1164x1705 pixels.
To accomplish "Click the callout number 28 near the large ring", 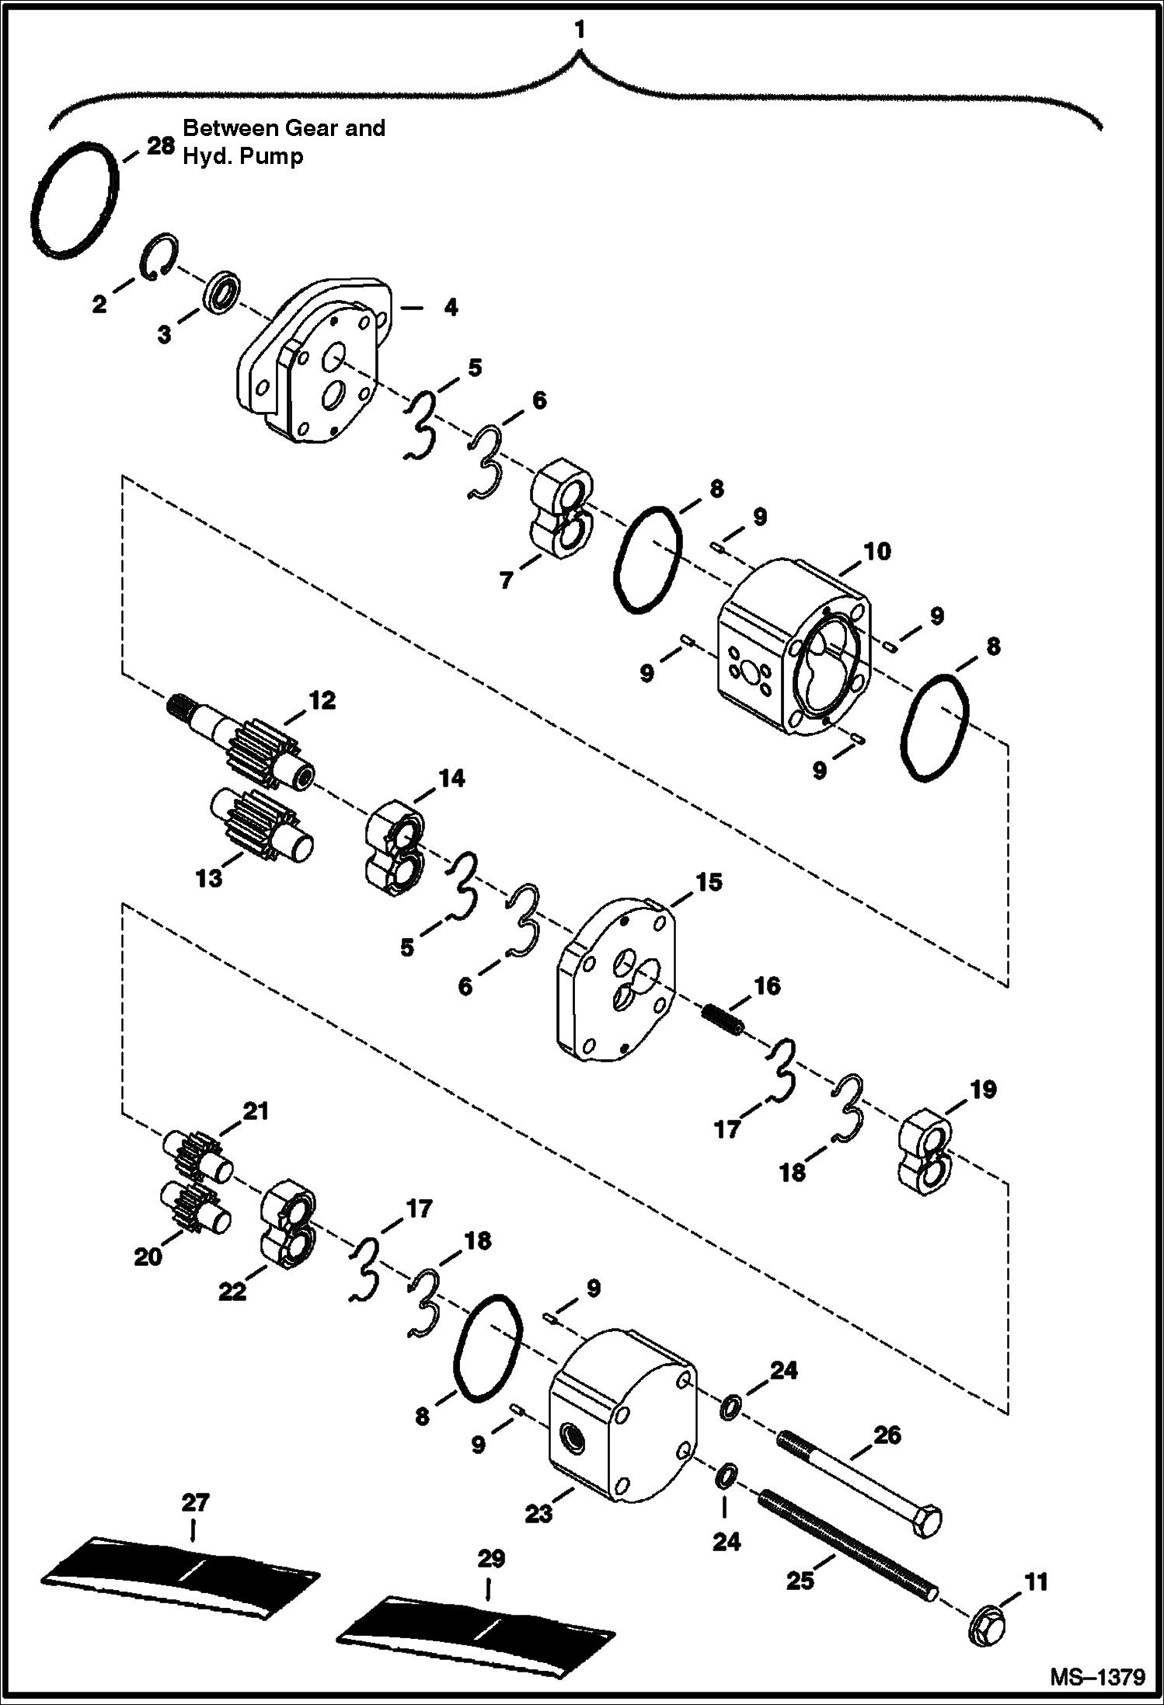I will [160, 146].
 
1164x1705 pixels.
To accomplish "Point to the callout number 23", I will [538, 1513].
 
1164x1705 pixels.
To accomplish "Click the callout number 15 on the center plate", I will [709, 883].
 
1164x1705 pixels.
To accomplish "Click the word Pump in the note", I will [271, 156].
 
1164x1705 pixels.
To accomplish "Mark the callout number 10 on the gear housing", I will [876, 552].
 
